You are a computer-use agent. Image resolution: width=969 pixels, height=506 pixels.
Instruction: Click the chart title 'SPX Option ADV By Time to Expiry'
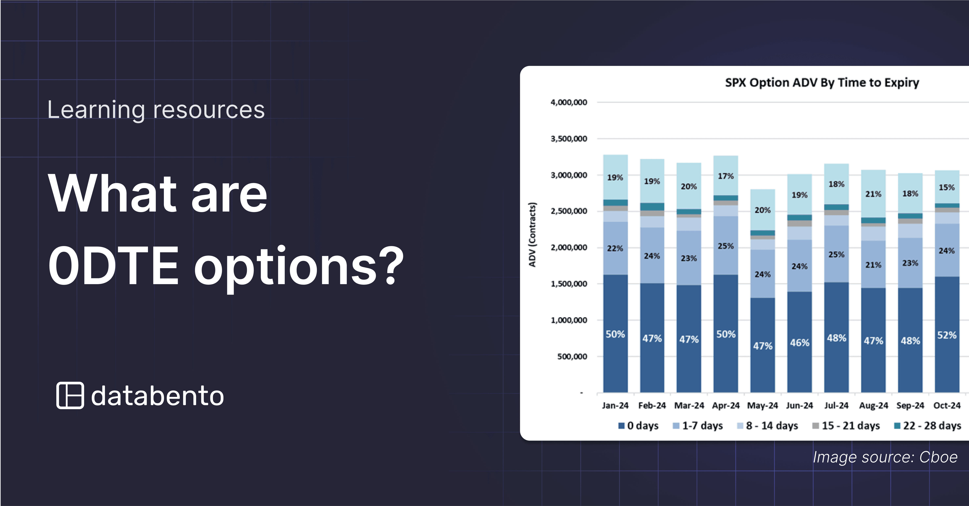coord(822,82)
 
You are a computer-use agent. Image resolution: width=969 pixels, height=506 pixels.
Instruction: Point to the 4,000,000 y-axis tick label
coord(568,102)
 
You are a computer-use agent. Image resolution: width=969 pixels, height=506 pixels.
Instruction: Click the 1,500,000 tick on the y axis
coord(568,284)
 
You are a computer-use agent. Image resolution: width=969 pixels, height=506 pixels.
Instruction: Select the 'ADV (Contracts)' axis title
coord(532,235)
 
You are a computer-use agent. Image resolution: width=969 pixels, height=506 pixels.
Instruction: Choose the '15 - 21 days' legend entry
coord(846,426)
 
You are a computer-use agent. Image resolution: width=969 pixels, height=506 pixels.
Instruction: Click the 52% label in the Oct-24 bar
coord(946,335)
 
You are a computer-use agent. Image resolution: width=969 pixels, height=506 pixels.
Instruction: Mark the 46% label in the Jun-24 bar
coord(799,342)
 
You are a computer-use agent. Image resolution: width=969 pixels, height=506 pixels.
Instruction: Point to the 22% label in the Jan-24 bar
coord(615,248)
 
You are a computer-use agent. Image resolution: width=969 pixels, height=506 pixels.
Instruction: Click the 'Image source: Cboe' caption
coord(885,457)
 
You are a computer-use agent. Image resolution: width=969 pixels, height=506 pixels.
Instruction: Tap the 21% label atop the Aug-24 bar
coord(873,194)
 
